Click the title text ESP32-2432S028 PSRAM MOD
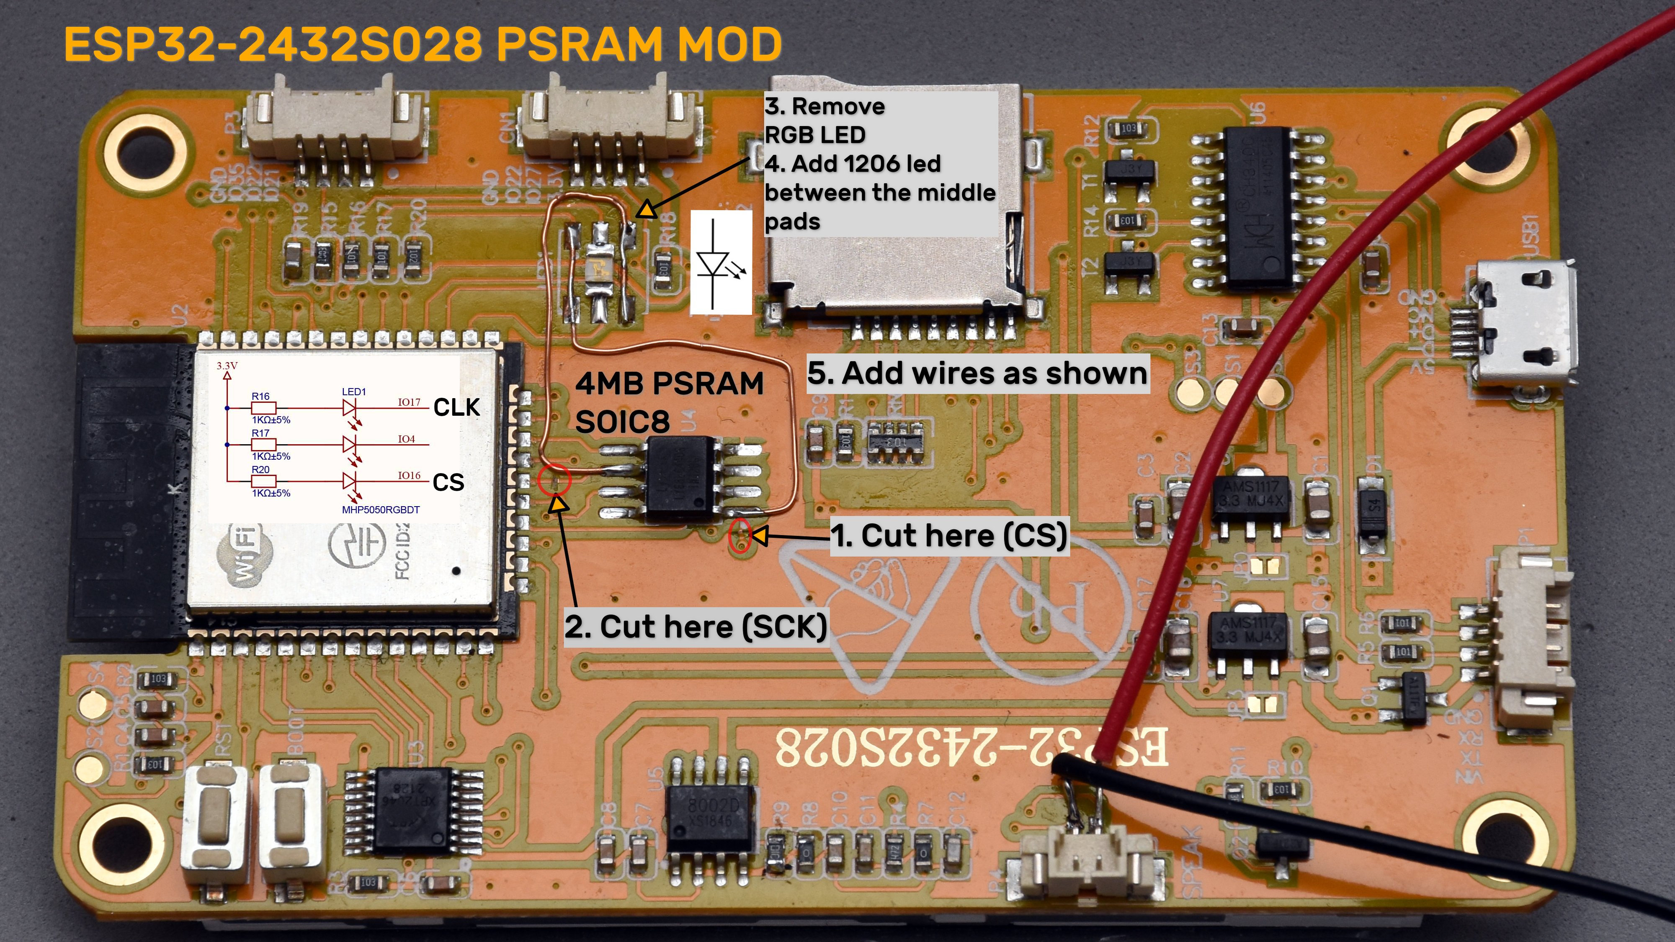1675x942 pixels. pos(423,44)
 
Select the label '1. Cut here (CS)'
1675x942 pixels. pos(949,536)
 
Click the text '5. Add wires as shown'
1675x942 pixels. pos(977,373)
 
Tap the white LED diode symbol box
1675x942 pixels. pos(720,262)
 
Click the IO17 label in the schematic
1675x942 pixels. pos(409,402)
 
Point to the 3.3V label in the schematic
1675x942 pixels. pos(227,366)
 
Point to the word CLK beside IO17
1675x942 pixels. pos(456,408)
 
